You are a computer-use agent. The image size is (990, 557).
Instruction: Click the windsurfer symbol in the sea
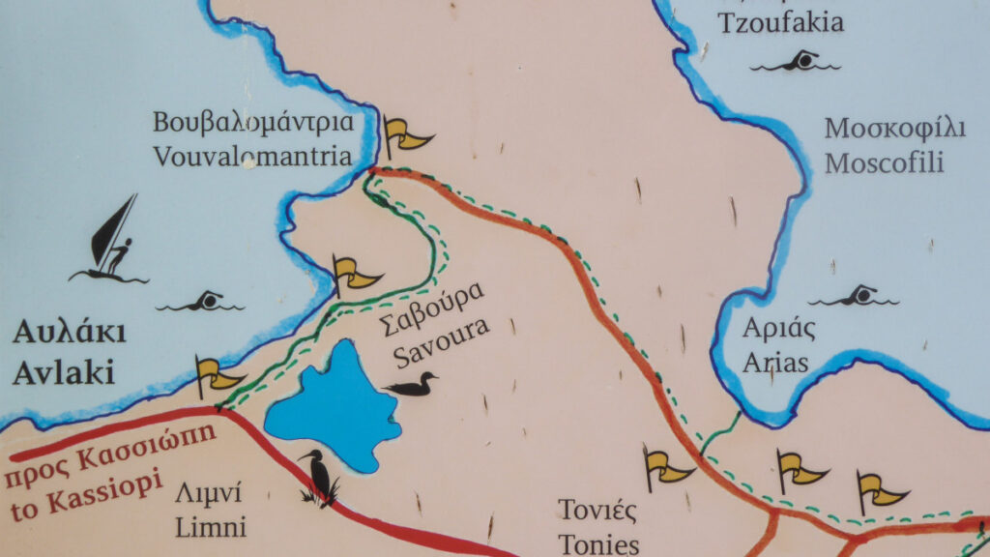[x=110, y=240]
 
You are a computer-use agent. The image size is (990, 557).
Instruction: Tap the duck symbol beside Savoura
[x=410, y=385]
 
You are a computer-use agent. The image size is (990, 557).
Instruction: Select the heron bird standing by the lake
[x=319, y=477]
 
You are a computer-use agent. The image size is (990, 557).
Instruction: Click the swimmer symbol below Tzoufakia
[x=796, y=63]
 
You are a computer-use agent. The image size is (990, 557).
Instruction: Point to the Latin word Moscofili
[x=884, y=162]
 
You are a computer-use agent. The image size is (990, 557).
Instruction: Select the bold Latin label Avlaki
[x=64, y=370]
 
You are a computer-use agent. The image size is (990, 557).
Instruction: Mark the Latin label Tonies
[x=599, y=542]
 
